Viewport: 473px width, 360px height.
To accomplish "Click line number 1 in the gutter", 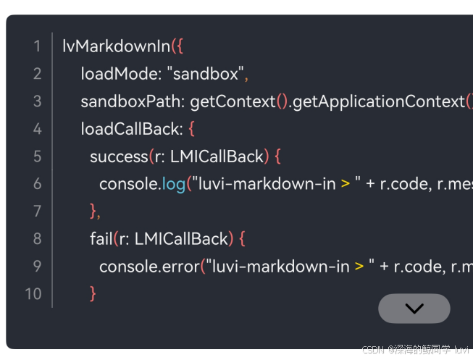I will [37, 47].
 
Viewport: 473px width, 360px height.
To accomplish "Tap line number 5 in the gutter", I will [37, 156].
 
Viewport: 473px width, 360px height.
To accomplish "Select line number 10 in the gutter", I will [33, 293].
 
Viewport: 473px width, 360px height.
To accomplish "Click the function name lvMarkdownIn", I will [116, 47].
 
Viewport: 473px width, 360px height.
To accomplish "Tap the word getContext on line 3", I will [233, 101].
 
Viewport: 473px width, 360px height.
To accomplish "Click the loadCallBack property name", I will [130, 129].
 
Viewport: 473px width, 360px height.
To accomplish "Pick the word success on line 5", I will [119, 156].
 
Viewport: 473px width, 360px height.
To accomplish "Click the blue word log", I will [173, 184].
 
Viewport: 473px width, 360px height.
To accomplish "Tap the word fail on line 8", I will [101, 238].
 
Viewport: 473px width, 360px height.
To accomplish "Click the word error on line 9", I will [180, 266].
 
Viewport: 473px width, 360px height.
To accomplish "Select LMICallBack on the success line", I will [217, 156].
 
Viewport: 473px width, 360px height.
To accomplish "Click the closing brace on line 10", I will [93, 293].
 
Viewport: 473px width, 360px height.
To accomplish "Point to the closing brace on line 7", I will [93, 211].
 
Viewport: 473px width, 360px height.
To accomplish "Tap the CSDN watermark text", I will [372, 351].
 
